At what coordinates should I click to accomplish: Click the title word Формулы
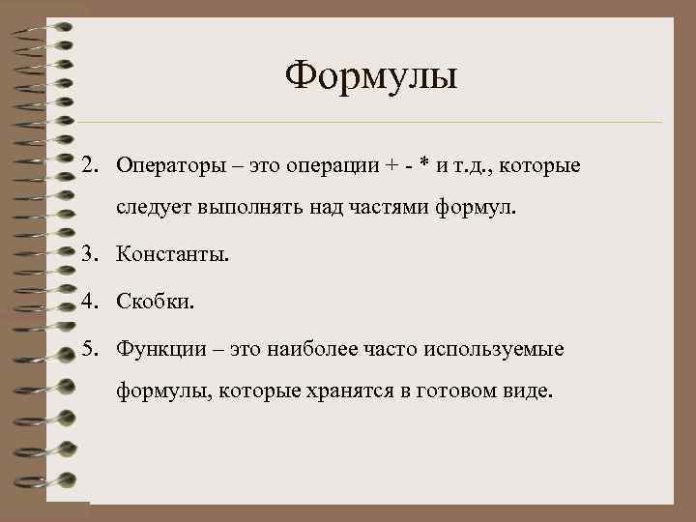pos(371,74)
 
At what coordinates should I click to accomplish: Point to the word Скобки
pos(156,302)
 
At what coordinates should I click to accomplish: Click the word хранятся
pos(368,391)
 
